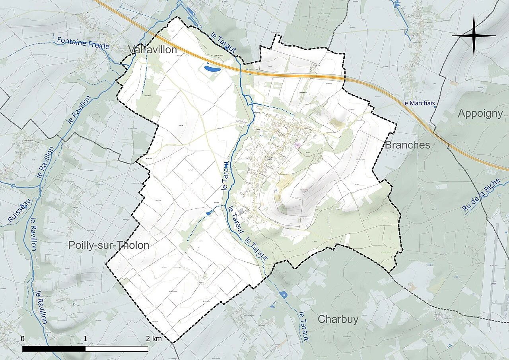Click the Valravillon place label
coord(152,50)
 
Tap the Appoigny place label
coord(480,113)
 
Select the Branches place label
coord(408,145)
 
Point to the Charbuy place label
coord(338,319)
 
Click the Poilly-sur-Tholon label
coord(109,245)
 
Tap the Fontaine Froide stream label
coord(83,43)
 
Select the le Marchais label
coord(419,103)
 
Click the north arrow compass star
coord(474,36)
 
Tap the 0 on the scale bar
coord(23,339)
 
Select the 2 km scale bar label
coord(153,339)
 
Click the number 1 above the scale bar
coord(85,339)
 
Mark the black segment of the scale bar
coord(54,349)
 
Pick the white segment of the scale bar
coord(117,349)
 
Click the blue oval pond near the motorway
coord(212,69)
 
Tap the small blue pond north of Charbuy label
coord(283,295)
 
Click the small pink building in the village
coord(297,146)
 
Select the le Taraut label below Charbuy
coord(303,326)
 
